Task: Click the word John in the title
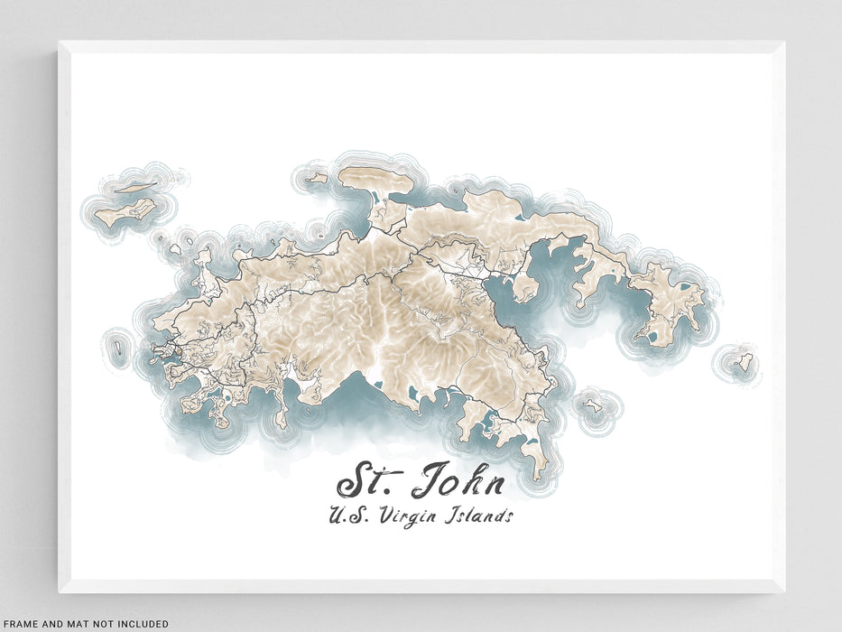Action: click(458, 483)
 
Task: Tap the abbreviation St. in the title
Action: click(366, 483)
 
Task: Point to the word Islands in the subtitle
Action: click(477, 517)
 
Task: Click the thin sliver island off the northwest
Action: click(136, 188)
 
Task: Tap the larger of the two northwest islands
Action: click(127, 212)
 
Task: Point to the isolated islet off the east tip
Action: click(744, 364)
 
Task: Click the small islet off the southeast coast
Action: click(592, 404)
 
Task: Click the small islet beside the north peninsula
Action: click(317, 179)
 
